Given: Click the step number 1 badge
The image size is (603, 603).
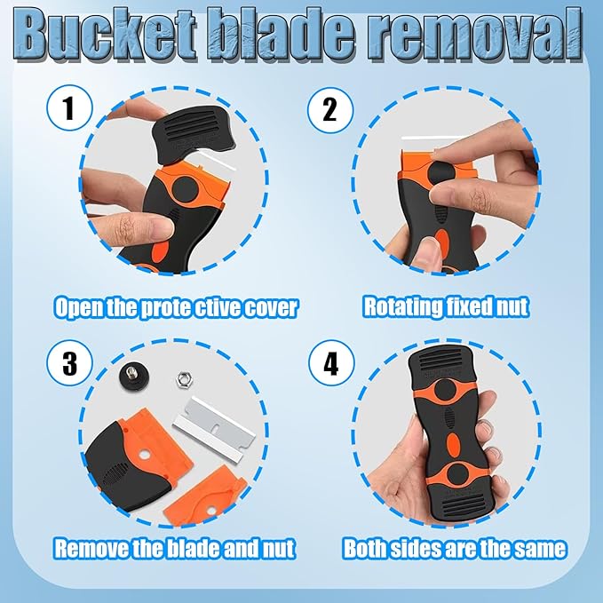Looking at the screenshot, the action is pyautogui.click(x=69, y=107).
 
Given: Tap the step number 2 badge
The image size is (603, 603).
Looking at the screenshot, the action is pyautogui.click(x=330, y=110).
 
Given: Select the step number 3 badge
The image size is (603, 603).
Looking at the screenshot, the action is pyautogui.click(x=69, y=363).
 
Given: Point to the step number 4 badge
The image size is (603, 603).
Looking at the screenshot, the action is pyautogui.click(x=331, y=363).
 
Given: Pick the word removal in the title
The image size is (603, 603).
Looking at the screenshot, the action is pyautogui.click(x=476, y=35).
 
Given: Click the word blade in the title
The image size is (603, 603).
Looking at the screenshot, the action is pyautogui.click(x=281, y=35).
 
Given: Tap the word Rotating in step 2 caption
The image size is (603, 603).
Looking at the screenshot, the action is pyautogui.click(x=401, y=307).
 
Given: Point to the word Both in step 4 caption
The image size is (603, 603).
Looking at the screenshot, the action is pyautogui.click(x=365, y=549).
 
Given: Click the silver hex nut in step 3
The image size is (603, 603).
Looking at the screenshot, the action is pyautogui.click(x=184, y=380).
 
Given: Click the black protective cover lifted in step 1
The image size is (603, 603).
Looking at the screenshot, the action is pyautogui.click(x=194, y=135).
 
